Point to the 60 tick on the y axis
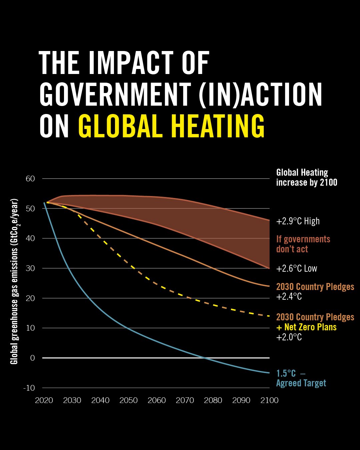pyautogui.click(x=30, y=179)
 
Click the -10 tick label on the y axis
pyautogui.click(x=29, y=388)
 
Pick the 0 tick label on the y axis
pyautogui.click(x=32, y=358)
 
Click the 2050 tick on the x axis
pyautogui.click(x=129, y=400)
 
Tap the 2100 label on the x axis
pyautogui.click(x=269, y=400)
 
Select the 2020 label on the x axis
pyautogui.click(x=44, y=400)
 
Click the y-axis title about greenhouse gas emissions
pyautogui.click(x=14, y=282)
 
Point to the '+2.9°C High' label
pyautogui.click(x=298, y=221)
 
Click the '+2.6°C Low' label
pyautogui.click(x=297, y=269)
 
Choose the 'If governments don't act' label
pyautogui.click(x=303, y=244)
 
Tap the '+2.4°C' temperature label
pyautogui.click(x=289, y=297)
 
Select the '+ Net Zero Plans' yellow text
pyautogui.click(x=306, y=327)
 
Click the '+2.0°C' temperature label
pyautogui.click(x=289, y=337)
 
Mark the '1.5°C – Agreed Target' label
pyautogui.click(x=301, y=378)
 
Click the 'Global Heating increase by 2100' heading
pyautogui.click(x=307, y=177)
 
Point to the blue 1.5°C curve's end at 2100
pyautogui.click(x=269, y=373)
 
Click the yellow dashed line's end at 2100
pyautogui.click(x=269, y=316)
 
